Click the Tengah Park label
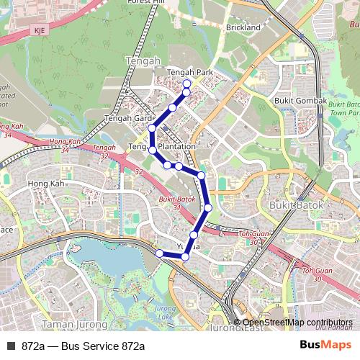pos(190,73)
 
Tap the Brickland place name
pos(243,27)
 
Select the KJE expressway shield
pos(39,30)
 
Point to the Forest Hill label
pos(145,3)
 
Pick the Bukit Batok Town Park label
pos(343,109)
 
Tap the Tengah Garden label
pos(130,117)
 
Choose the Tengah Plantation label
pos(162,147)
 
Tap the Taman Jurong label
pos(66,325)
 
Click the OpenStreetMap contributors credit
pos(297,323)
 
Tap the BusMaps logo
pos(325,345)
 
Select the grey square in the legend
pos(11,346)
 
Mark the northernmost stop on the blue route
pos(186,84)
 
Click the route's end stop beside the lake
pos(160,253)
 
